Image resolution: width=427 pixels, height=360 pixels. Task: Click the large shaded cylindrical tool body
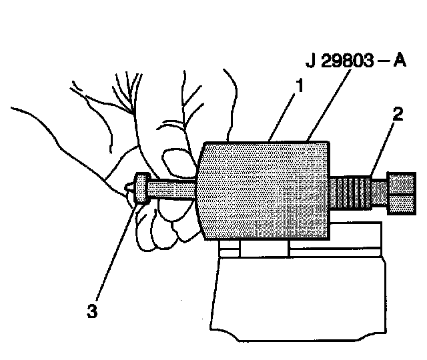265,191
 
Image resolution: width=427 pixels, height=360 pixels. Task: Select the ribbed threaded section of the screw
352,191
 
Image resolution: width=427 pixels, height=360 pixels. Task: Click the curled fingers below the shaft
167,223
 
